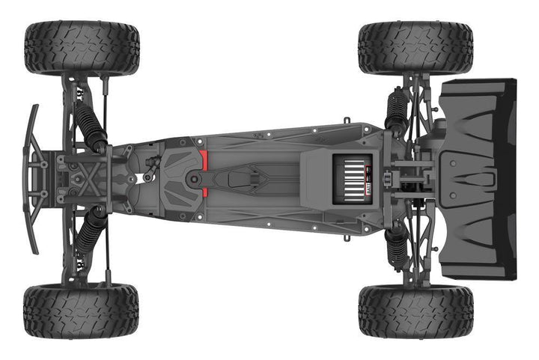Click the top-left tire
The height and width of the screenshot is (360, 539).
[x=82, y=47]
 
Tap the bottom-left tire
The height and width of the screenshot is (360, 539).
[x=81, y=311]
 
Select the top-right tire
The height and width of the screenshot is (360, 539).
[x=415, y=47]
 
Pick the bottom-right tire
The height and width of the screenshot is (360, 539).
[x=415, y=311]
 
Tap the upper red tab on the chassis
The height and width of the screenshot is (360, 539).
[x=203, y=159]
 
